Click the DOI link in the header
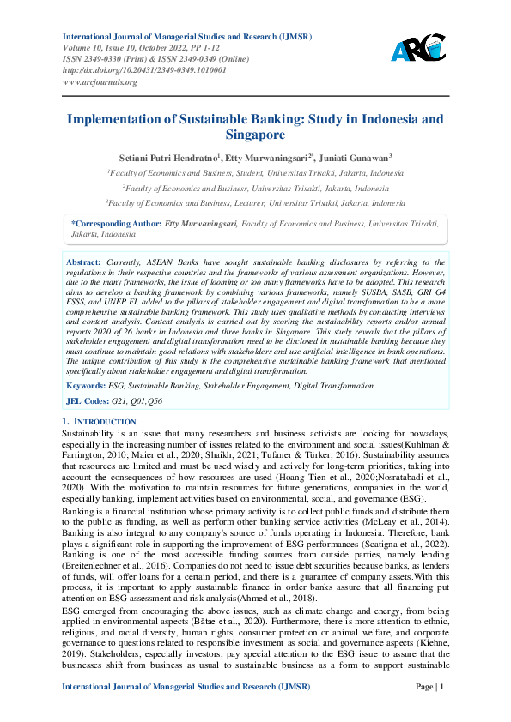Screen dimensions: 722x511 (144, 70)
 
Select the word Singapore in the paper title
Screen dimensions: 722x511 (255, 135)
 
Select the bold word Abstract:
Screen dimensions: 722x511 (84, 262)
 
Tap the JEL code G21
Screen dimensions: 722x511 (119, 401)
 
